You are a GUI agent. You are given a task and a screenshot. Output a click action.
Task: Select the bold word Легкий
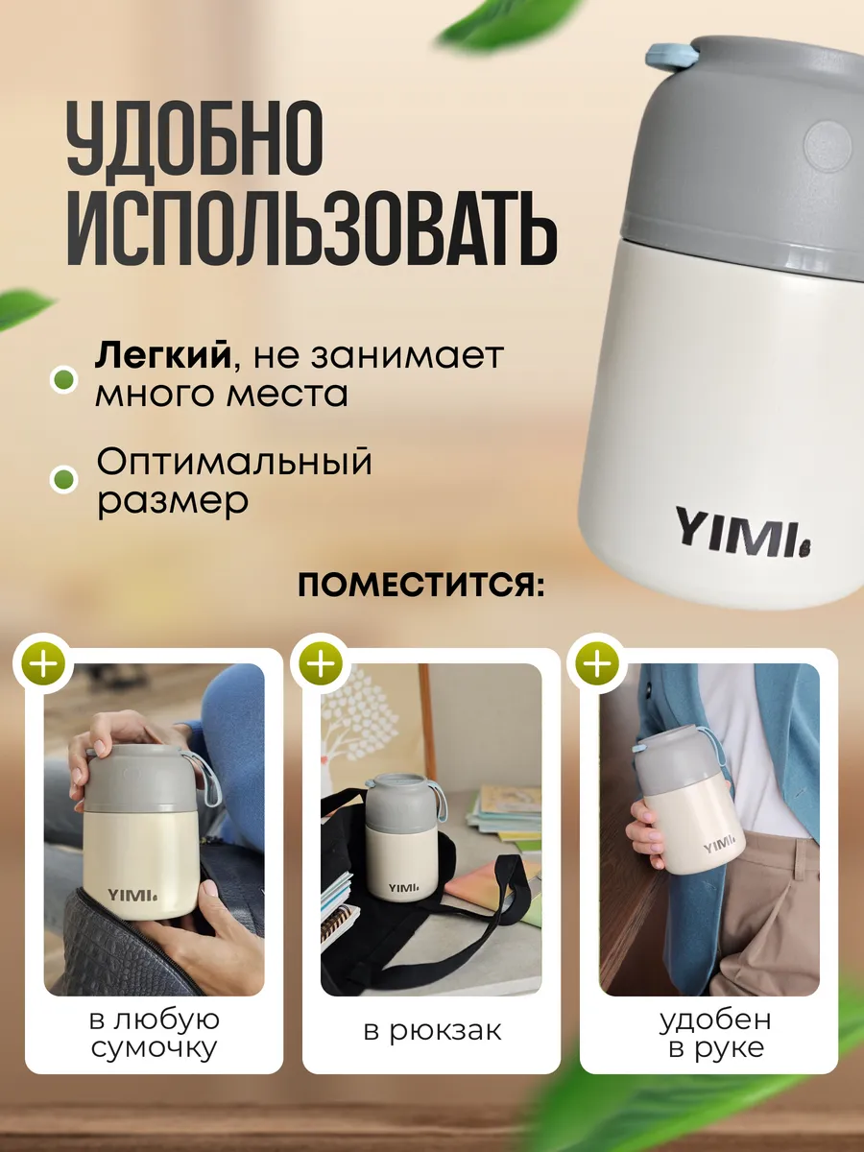(x=163, y=357)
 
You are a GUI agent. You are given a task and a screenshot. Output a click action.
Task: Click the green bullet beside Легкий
(x=64, y=379)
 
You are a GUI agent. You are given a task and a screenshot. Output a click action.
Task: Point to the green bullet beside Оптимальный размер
(x=64, y=480)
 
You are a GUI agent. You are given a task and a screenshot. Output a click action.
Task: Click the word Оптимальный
(x=234, y=463)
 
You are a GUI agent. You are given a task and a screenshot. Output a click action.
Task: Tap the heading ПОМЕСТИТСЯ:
(x=421, y=586)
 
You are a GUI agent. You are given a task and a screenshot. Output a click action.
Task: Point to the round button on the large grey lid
(x=828, y=144)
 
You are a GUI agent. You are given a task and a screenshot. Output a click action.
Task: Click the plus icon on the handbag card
(x=43, y=663)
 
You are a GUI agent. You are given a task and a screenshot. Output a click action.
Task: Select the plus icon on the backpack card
(x=321, y=663)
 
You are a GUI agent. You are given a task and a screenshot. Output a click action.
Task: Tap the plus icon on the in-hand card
(x=597, y=663)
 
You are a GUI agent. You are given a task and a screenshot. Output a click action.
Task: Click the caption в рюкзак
(x=432, y=1031)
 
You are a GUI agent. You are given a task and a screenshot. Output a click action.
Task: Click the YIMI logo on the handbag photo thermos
(x=132, y=895)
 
